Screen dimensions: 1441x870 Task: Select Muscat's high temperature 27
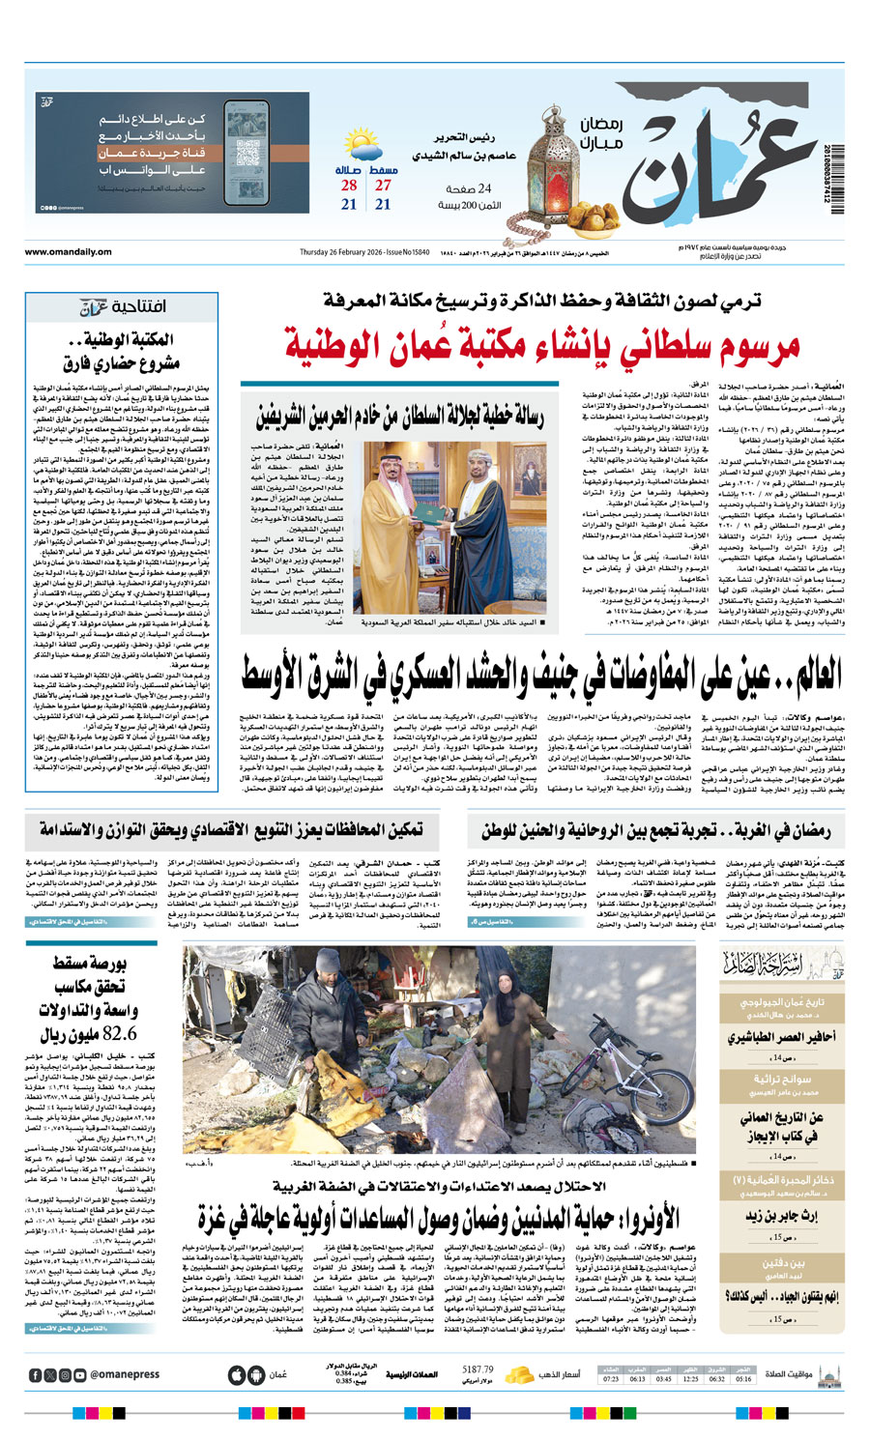point(384,185)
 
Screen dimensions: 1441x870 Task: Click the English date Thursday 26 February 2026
point(350,252)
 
